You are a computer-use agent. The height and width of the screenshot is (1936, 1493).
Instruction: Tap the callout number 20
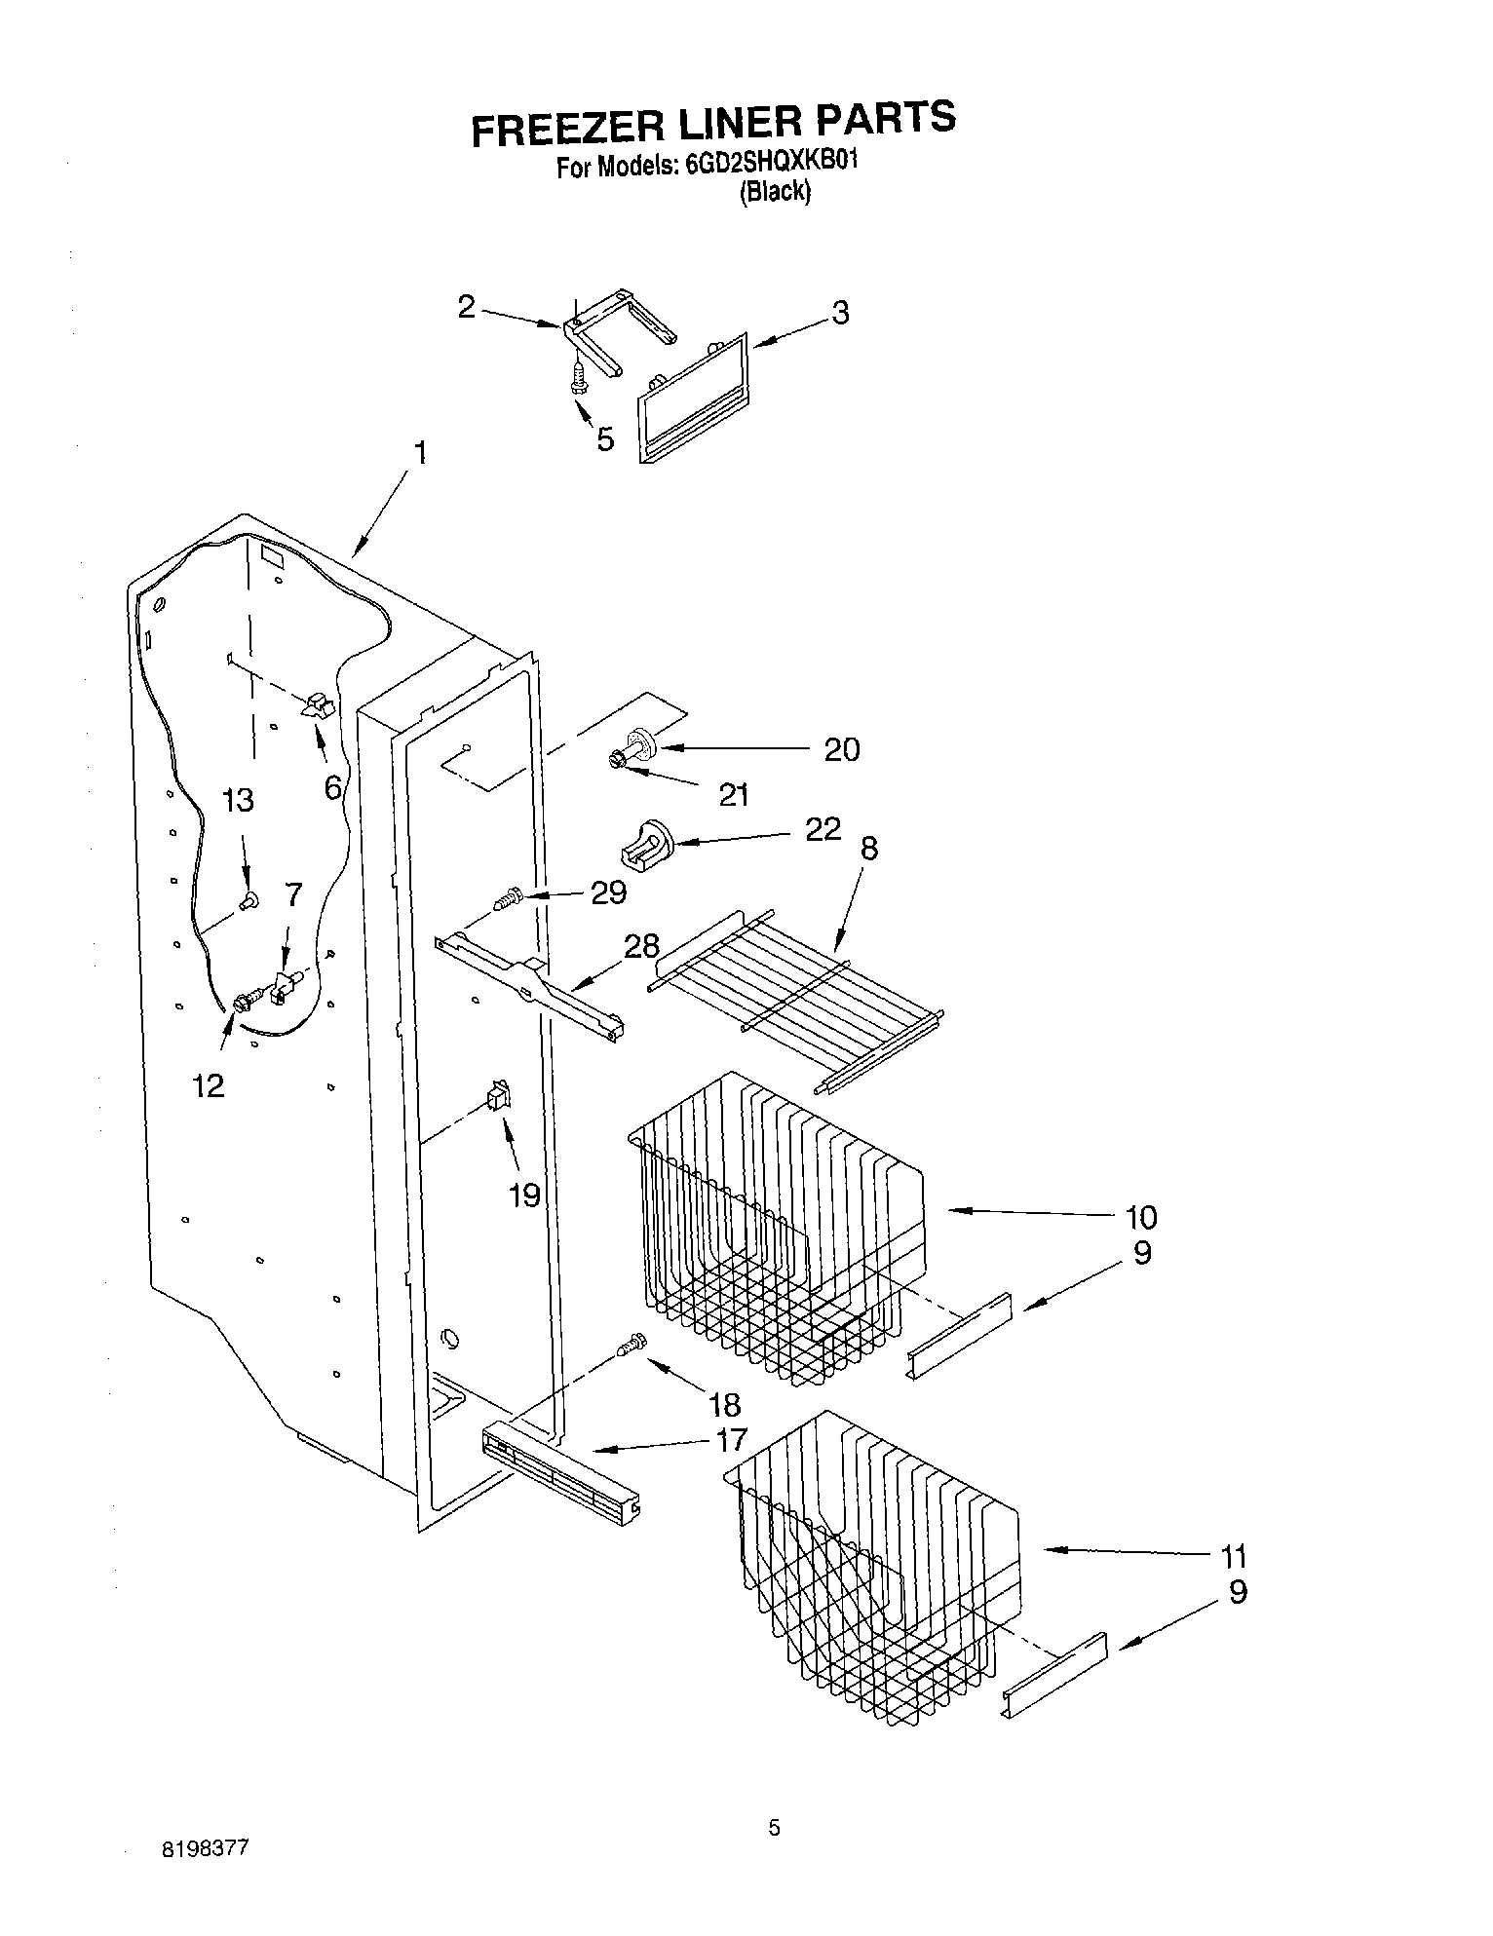tap(841, 749)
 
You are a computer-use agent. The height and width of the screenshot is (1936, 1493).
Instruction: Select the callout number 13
tap(237, 800)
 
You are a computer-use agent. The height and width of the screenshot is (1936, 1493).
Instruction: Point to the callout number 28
tap(641, 945)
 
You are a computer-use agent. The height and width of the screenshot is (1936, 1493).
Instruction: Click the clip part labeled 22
tap(642, 841)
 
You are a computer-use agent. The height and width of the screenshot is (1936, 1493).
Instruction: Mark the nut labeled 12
tap(241, 1002)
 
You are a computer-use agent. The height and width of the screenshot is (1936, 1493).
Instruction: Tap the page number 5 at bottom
tap(773, 1828)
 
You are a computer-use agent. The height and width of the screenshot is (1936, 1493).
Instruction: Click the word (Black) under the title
tap(774, 192)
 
